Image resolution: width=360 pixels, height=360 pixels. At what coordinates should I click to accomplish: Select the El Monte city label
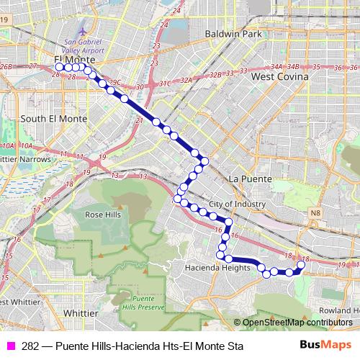tap(70, 60)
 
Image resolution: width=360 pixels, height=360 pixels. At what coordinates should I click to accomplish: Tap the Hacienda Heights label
tap(216, 268)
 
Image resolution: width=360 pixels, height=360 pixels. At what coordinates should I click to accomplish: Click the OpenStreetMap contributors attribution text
tap(296, 323)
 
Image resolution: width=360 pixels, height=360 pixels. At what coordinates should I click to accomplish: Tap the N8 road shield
tap(315, 213)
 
